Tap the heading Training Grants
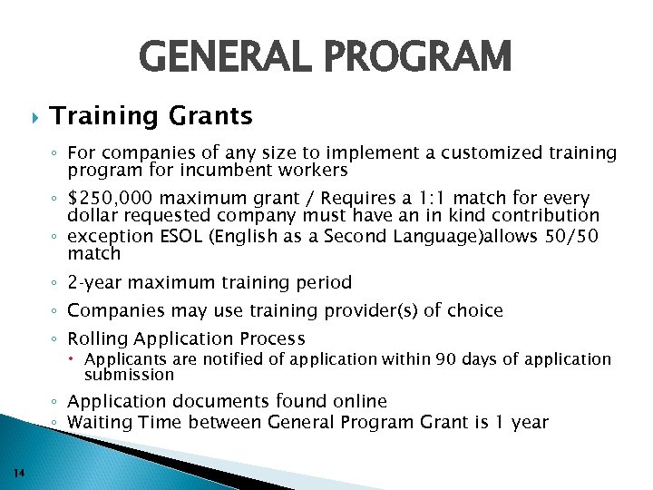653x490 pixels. click(151, 116)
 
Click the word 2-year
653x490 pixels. click(93, 282)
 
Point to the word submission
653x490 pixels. click(129, 374)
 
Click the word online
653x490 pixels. click(356, 401)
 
